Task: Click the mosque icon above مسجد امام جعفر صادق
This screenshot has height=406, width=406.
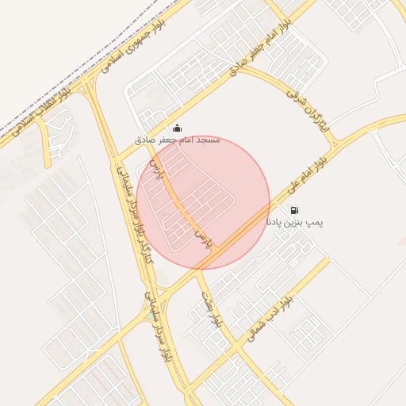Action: (176, 128)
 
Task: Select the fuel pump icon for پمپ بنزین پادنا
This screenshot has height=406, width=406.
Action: (295, 211)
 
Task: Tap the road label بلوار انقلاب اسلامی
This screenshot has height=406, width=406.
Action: (36, 112)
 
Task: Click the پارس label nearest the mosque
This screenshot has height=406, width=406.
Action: (155, 168)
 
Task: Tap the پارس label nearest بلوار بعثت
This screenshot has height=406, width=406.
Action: (205, 237)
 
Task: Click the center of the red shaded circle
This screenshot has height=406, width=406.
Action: (203, 202)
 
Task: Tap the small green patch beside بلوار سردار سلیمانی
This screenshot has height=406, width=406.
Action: (151, 316)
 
